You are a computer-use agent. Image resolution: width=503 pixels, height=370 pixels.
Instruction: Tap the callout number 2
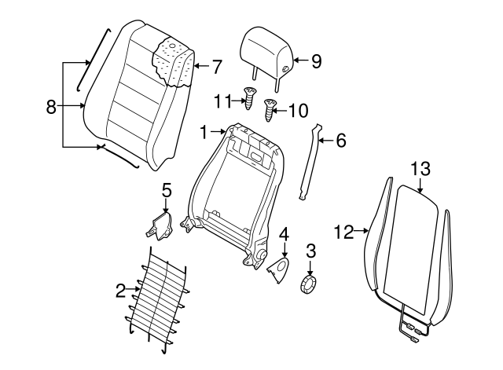coord(120,291)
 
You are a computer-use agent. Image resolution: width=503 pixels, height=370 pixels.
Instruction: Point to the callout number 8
coord(51,108)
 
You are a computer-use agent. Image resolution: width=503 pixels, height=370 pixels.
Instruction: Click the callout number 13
coord(420,168)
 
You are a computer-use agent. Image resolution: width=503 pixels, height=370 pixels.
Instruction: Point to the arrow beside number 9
coord(299,60)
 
